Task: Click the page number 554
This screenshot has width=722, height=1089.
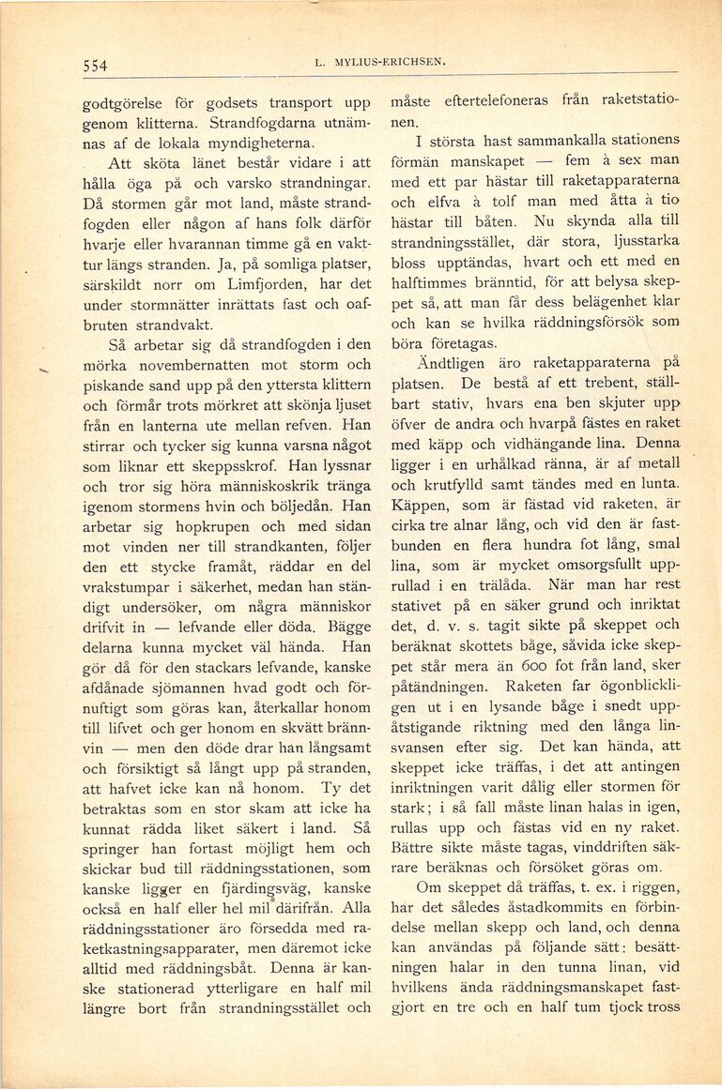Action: click(x=95, y=65)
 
